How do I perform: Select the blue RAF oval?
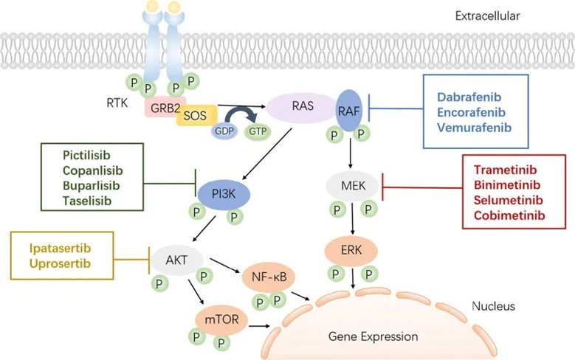349,108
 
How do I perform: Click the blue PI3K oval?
225,194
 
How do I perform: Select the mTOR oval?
216,318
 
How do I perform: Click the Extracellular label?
497,14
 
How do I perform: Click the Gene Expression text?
373,336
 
